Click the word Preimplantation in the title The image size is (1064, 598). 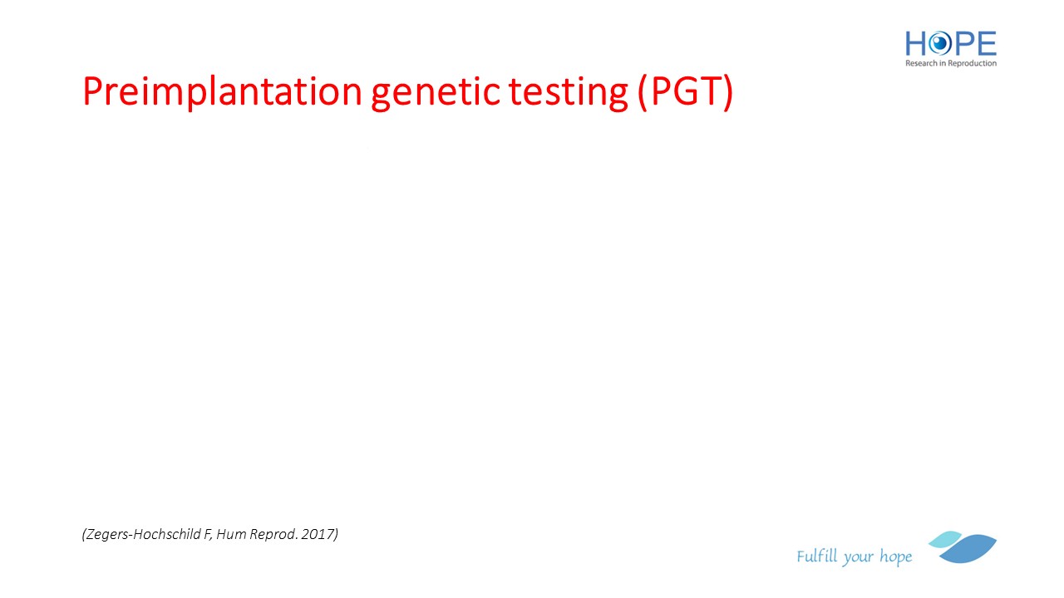[x=222, y=92]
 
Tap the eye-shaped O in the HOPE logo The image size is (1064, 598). [x=939, y=44]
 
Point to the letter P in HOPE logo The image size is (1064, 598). [x=963, y=44]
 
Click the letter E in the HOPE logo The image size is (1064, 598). [x=987, y=44]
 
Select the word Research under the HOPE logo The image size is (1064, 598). [x=922, y=63]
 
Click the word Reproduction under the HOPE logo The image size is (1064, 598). [x=972, y=63]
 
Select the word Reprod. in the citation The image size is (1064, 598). [x=274, y=535]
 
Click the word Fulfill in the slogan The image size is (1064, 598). [x=817, y=556]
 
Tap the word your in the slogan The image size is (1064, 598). [x=858, y=558]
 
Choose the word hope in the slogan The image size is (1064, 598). [x=896, y=556]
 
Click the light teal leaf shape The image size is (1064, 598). [x=944, y=539]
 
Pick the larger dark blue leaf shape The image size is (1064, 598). [x=969, y=549]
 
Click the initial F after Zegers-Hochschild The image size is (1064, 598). [x=207, y=534]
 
